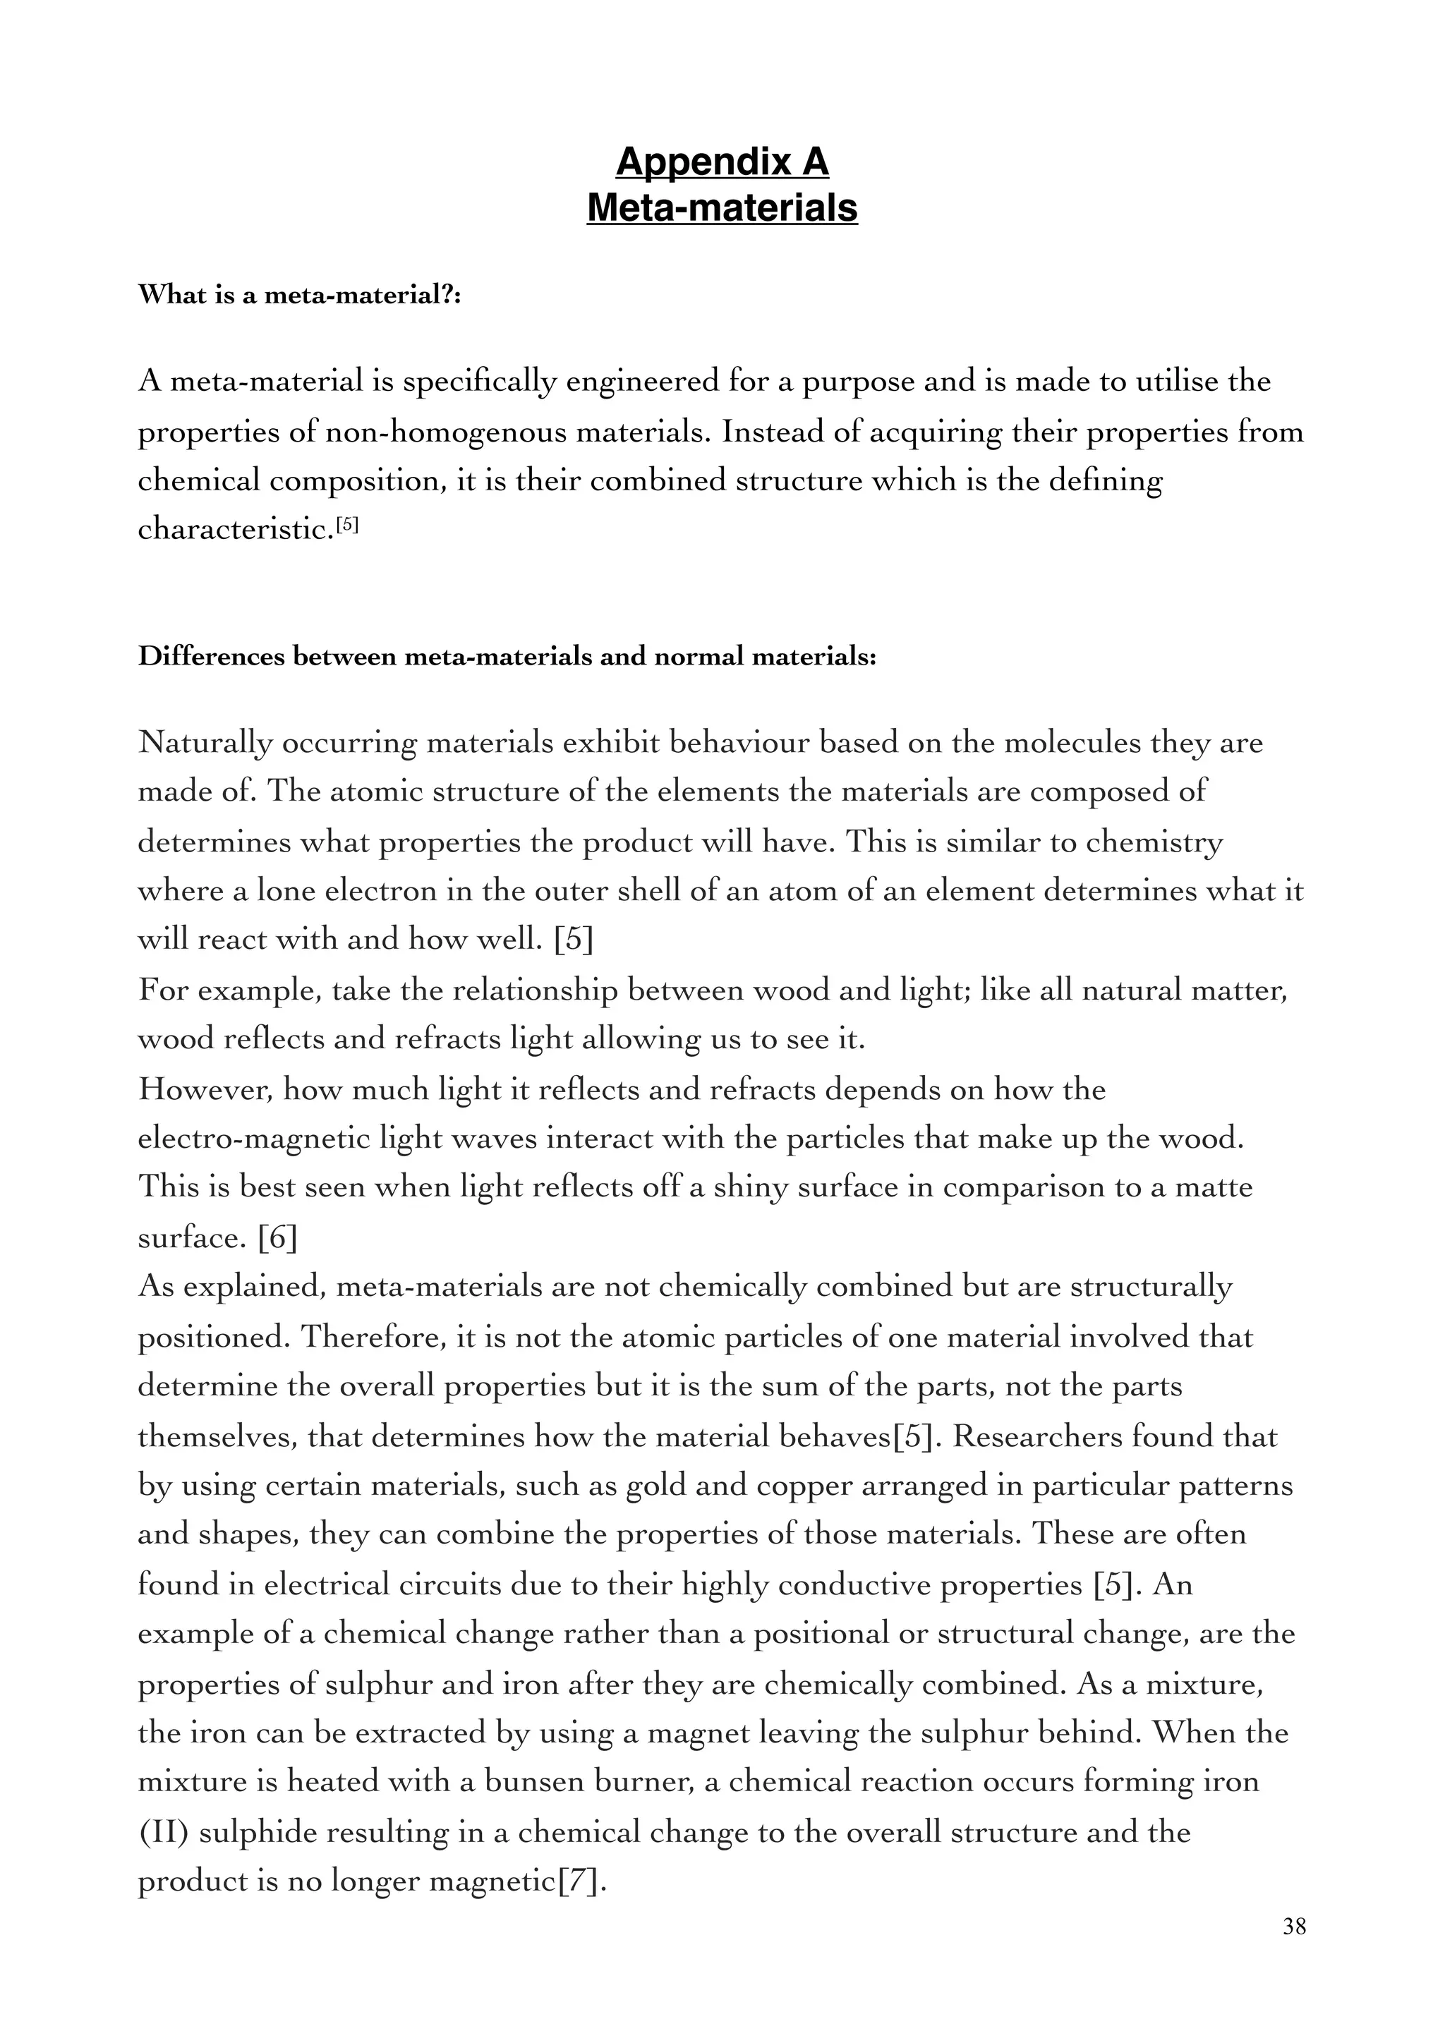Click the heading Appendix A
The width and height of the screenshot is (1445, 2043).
pyautogui.click(x=722, y=162)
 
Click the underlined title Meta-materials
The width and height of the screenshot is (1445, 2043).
pyautogui.click(x=722, y=207)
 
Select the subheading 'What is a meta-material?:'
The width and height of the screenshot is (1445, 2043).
pyautogui.click(x=299, y=296)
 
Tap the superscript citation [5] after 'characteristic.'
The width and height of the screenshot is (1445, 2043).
pyautogui.click(x=347, y=525)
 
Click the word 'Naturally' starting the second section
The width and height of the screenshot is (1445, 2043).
pyautogui.click(x=205, y=743)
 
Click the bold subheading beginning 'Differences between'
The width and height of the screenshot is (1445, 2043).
pyautogui.click(x=507, y=657)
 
